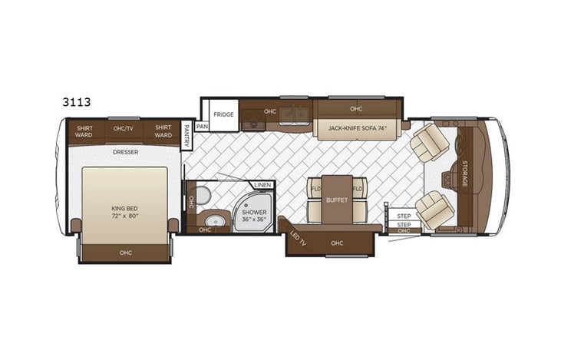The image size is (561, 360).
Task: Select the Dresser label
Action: pos(124,152)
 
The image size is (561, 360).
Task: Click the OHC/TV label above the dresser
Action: pos(124,129)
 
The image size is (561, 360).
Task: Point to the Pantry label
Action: pos(186,137)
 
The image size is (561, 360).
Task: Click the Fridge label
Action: pos(224,114)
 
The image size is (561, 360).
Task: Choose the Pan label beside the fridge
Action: pos(202,127)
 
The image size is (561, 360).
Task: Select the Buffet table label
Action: pos(337,200)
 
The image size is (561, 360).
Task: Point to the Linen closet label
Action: pos(262,185)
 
